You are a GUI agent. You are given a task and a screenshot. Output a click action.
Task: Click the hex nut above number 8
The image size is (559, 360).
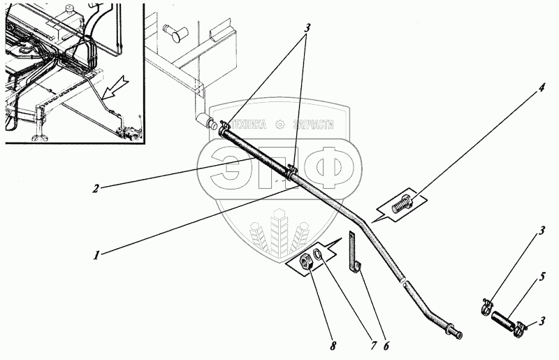pos(305,265)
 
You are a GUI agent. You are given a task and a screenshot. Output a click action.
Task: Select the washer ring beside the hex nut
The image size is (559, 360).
pos(319,255)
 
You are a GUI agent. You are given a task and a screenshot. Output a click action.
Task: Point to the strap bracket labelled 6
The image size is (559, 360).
pos(354,255)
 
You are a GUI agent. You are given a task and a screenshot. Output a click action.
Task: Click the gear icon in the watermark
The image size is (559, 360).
pos(279,124)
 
